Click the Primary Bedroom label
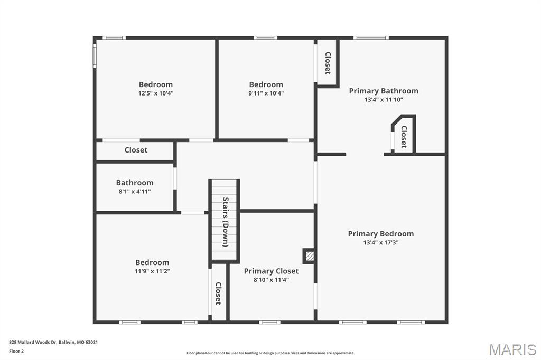pyautogui.click(x=380, y=234)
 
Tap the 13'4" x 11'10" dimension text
pyautogui.click(x=384, y=99)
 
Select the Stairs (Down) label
pyautogui.click(x=226, y=222)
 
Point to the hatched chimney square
pyautogui.click(x=309, y=256)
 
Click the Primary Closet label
pyautogui.click(x=271, y=271)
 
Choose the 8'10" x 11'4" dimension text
pyautogui.click(x=271, y=280)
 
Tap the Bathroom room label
pyautogui.click(x=135, y=183)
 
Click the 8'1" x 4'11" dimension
pyautogui.click(x=135, y=191)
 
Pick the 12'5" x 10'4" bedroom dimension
pyautogui.click(x=156, y=93)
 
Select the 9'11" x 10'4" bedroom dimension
pyautogui.click(x=266, y=93)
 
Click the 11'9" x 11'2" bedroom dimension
pyautogui.click(x=152, y=271)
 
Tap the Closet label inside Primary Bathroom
pyautogui.click(x=404, y=137)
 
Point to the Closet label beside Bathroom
pyautogui.click(x=136, y=150)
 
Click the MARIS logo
pyautogui.click(x=512, y=349)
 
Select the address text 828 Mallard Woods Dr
pyautogui.click(x=53, y=342)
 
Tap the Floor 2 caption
pyautogui.click(x=16, y=351)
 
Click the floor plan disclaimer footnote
pyautogui.click(x=270, y=353)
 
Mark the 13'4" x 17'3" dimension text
pyautogui.click(x=380, y=243)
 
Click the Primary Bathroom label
pyautogui.click(x=384, y=91)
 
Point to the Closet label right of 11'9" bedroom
pyautogui.click(x=218, y=293)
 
